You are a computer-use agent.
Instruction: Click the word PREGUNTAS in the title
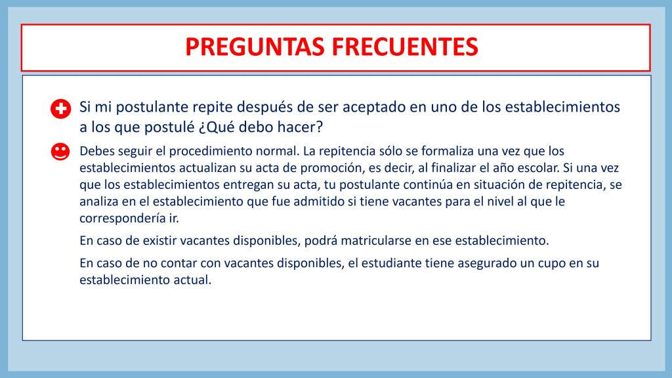tap(255, 47)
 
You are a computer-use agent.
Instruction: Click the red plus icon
tap(60, 109)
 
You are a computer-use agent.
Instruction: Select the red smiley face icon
tap(60, 152)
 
